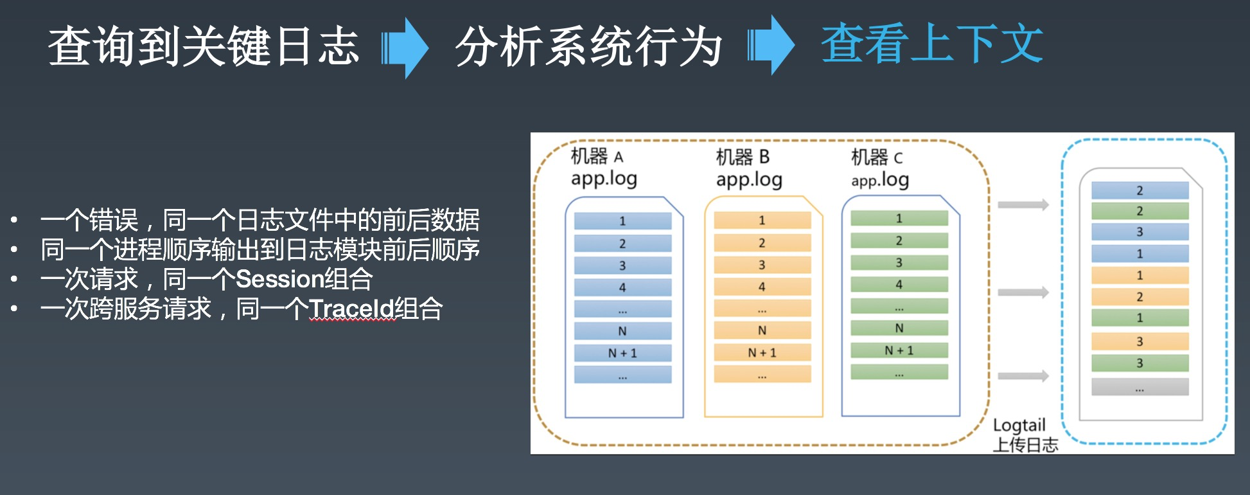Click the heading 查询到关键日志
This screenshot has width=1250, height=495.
point(204,46)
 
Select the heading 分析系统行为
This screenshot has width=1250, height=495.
point(589,46)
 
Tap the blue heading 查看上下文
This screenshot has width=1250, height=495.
point(932,43)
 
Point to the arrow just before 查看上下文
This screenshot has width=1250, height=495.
point(771,46)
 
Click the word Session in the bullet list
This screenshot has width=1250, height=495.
point(279,279)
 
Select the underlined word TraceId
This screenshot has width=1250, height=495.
point(351,309)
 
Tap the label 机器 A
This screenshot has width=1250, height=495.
point(597,156)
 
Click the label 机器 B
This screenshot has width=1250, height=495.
point(743,157)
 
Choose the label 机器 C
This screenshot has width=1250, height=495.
point(877,157)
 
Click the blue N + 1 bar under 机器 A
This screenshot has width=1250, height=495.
point(622,353)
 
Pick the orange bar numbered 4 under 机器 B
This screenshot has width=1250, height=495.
point(762,287)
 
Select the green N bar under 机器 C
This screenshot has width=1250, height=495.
point(899,328)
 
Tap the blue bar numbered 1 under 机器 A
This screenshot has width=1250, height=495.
point(622,221)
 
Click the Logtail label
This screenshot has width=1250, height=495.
point(1019,426)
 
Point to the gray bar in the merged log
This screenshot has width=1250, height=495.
point(1140,387)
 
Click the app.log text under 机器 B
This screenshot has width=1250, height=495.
point(749,179)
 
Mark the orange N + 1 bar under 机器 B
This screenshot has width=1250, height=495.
point(762,352)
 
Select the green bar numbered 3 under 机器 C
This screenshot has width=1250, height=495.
point(899,262)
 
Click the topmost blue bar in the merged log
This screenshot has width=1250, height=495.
point(1140,190)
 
